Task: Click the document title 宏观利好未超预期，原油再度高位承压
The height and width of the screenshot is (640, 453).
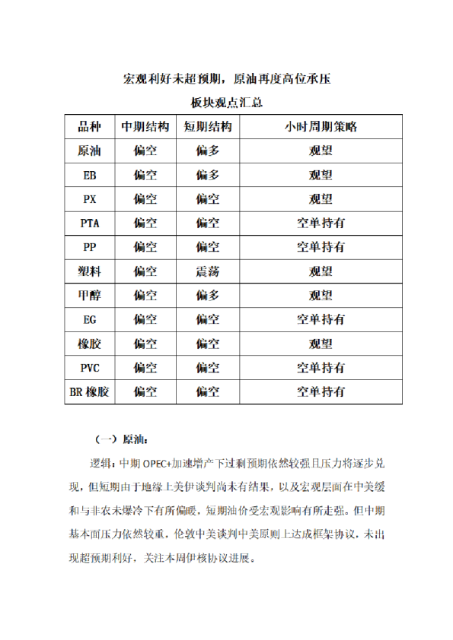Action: [x=226, y=79]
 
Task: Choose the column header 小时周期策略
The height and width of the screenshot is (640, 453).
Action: [x=320, y=127]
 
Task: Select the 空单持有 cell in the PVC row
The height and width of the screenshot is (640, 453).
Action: [x=320, y=368]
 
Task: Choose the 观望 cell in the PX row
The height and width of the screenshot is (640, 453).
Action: [x=320, y=199]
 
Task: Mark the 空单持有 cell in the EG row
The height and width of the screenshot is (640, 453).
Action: [x=320, y=320]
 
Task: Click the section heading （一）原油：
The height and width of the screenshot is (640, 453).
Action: [x=122, y=439]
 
